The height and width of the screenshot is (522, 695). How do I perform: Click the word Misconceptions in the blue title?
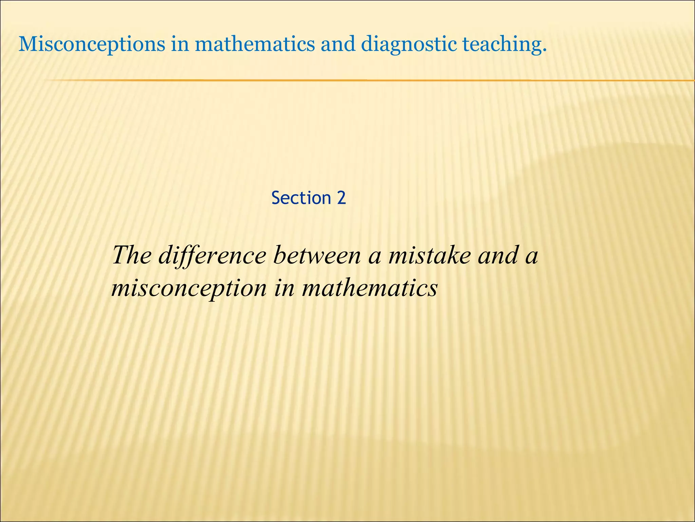coord(92,45)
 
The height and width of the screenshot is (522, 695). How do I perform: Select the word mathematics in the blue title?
coord(255,45)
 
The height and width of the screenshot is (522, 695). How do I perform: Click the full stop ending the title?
coord(544,51)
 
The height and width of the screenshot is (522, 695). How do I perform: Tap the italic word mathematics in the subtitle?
coord(370,288)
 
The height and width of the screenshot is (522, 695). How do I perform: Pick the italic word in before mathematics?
coord(284,288)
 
